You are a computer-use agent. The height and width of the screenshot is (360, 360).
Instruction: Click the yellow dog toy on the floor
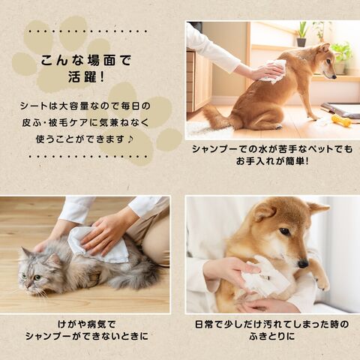coord(341,120)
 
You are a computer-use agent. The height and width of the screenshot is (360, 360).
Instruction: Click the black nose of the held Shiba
coord(303,263)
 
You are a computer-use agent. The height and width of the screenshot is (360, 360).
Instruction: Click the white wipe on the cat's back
coord(100,246)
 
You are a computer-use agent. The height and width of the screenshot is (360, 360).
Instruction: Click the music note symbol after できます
coord(130,139)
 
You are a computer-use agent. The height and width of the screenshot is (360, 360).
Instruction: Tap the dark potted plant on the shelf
coord(301,34)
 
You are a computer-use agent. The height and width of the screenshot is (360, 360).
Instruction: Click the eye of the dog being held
coord(285,231)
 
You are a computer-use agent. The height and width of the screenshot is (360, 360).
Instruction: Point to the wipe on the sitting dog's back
coord(272,70)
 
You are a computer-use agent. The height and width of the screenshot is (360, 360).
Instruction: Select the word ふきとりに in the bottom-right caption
coord(272,336)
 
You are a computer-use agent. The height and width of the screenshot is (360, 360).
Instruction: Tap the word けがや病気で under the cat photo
coord(87,325)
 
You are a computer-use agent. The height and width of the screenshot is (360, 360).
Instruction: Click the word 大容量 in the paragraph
coord(74,106)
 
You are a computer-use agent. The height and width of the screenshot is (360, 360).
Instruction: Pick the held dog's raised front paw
coord(322,281)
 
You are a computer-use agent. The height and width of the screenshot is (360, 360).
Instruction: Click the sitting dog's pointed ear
coord(325,48)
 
